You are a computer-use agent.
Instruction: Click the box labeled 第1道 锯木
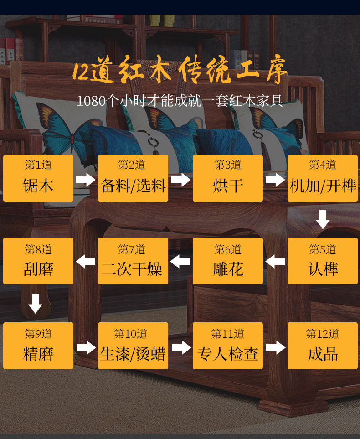coord(38,178)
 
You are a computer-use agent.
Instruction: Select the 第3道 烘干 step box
coord(227,178)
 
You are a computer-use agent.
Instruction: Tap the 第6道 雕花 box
coord(227,261)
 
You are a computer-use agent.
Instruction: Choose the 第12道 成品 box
coord(323,346)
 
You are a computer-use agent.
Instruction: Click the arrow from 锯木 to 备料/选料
coord(86,180)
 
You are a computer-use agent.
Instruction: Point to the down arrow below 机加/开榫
coord(323,219)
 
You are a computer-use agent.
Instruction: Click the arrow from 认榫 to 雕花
coord(275,262)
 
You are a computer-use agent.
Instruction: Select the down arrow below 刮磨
coord(35,304)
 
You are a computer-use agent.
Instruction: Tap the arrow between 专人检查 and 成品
coord(276,348)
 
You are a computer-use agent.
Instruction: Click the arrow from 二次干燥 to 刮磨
coord(86,262)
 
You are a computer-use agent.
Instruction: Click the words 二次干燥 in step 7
coord(132,269)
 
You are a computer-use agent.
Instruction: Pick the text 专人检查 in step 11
coord(227,354)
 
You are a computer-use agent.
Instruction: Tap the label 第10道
coord(130,334)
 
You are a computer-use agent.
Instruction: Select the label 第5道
coord(323,249)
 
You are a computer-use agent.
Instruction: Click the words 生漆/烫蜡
coord(133,354)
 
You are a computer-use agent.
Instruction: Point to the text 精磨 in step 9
coord(38,354)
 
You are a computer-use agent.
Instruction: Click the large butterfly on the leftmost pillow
coord(69,129)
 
